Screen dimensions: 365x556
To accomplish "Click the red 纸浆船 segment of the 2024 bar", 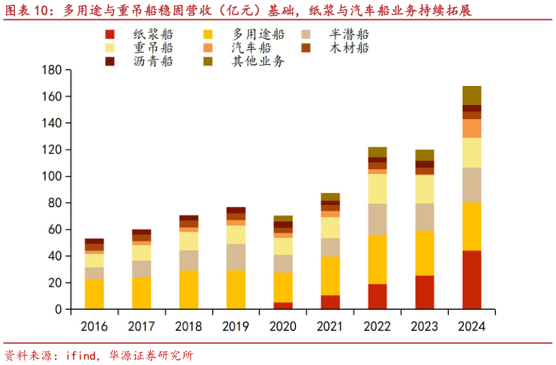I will [471, 280].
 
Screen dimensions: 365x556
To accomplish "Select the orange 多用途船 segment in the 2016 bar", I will [94, 294].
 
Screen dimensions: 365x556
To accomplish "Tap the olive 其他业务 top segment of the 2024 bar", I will [471, 96].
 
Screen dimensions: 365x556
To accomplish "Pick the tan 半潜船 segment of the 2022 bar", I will [377, 219].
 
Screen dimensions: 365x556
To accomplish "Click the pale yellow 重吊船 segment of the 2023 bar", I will [424, 189].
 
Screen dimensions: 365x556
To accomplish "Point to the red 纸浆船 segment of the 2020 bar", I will [283, 306].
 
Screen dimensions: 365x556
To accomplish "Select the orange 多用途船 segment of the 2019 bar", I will [236, 289].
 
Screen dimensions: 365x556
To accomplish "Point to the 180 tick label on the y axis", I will [52, 70].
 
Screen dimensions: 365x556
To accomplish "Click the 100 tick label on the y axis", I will [52, 177].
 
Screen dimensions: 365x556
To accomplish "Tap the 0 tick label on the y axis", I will [58, 310].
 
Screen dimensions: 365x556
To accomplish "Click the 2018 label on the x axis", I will [188, 326].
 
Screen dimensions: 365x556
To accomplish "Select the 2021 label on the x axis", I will [330, 326].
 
